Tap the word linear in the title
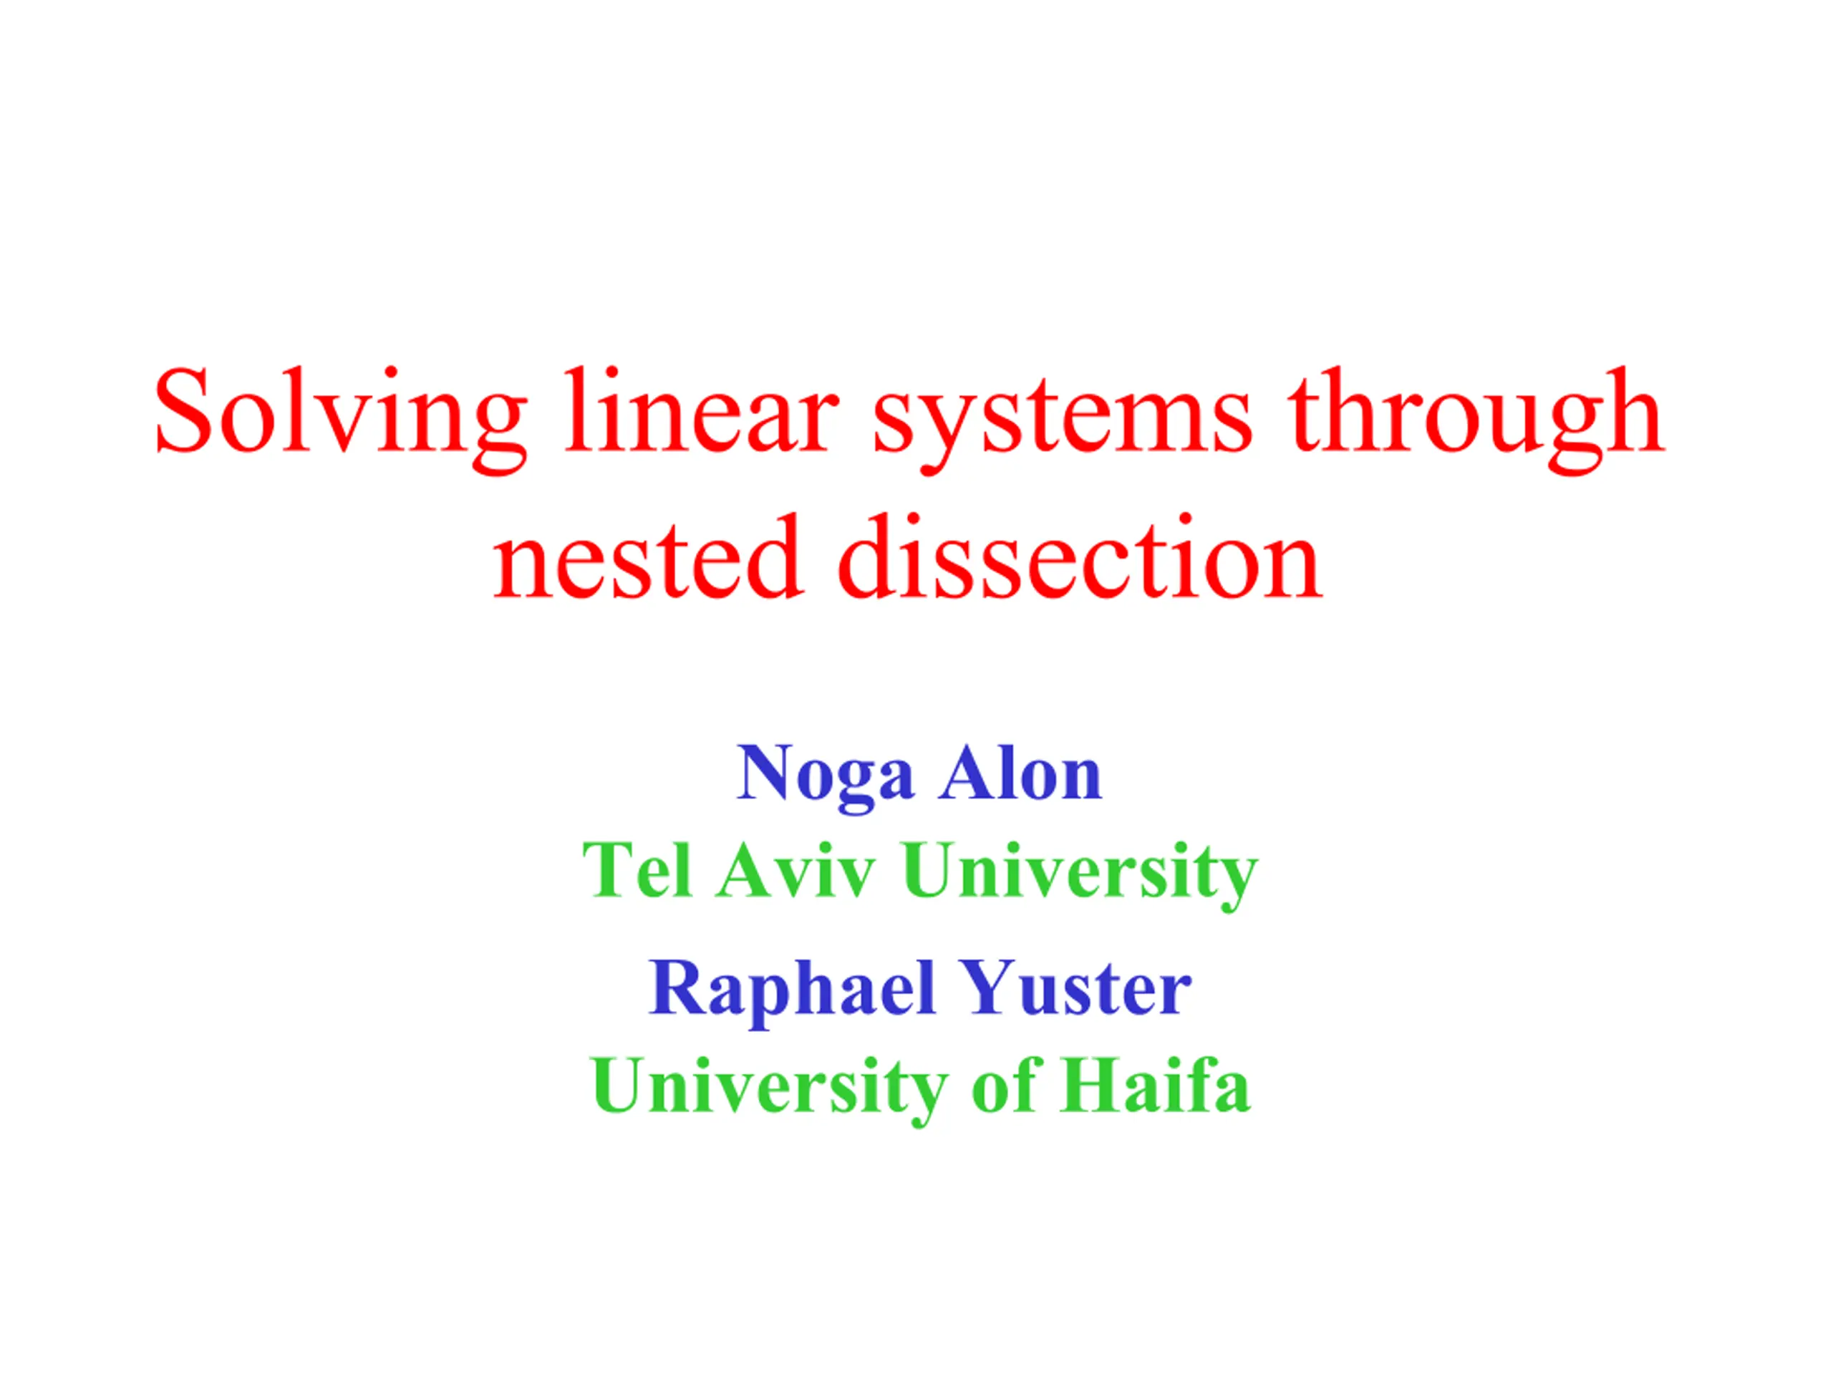pyautogui.click(x=701, y=410)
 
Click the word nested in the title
pyautogui.click(x=647, y=556)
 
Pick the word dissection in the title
pyautogui.click(x=1079, y=556)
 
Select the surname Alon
pyautogui.click(x=1021, y=773)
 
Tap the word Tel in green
pyautogui.click(x=637, y=869)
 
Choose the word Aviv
pyautogui.click(x=795, y=869)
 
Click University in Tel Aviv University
pyautogui.click(x=1080, y=874)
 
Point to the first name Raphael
pyautogui.click(x=791, y=991)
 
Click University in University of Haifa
pyautogui.click(x=770, y=1089)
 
